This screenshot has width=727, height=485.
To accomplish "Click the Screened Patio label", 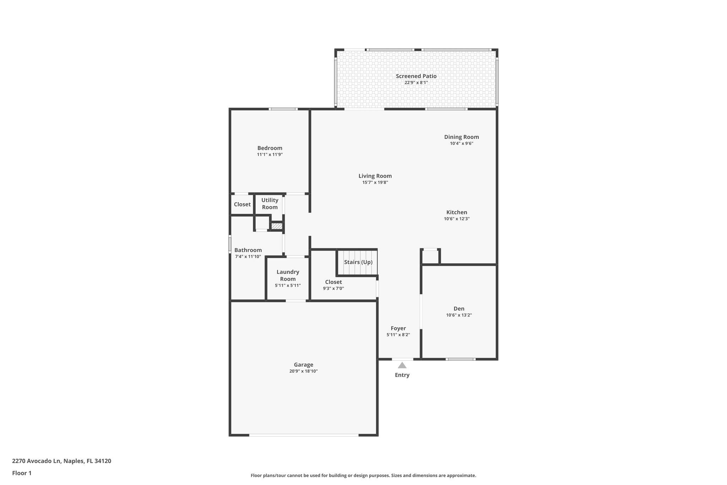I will pos(416,76).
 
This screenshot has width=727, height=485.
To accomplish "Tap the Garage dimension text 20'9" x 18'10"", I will pos(303,371).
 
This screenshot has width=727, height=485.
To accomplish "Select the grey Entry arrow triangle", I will pos(402,365).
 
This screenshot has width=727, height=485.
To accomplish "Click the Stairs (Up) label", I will pos(358,262).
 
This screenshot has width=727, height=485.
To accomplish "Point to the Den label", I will pos(459,309).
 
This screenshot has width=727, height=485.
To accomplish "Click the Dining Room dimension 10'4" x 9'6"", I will pos(461,144).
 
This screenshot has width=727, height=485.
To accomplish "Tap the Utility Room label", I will pos(269,204).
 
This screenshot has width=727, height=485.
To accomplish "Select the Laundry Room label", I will pos(288,275).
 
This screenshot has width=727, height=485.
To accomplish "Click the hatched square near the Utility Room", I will pos(277,226).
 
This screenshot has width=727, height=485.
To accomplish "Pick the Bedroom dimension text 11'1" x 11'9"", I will pos(270,155).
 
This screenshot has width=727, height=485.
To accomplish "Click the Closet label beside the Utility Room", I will pos(242,204).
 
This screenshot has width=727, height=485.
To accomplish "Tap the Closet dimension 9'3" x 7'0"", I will pos(333,289).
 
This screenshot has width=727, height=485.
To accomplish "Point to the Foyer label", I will pos(398,328).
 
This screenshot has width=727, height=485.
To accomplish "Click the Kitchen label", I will pos(457,212).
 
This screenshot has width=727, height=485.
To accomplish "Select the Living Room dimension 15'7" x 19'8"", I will pos(375,182).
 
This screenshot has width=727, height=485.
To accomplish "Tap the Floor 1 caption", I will pos(22,473).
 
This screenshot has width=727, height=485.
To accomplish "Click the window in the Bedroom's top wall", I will pos(283,109).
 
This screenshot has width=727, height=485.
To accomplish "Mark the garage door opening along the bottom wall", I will pos(304,435).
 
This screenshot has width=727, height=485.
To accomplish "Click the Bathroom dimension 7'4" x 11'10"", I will pos(248,257).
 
